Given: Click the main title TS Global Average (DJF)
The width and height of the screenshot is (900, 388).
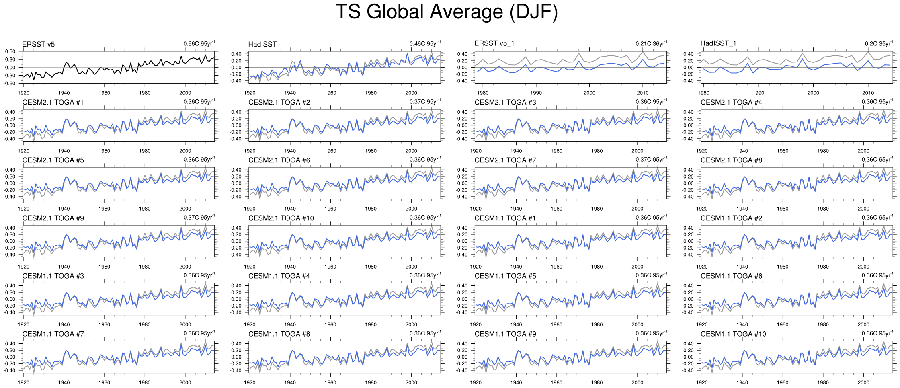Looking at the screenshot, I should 447,12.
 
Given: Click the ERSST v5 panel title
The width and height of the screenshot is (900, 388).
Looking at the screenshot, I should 38,45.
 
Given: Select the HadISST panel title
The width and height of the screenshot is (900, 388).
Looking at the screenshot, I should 262,45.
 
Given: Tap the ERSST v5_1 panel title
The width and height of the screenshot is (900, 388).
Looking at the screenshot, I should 494,43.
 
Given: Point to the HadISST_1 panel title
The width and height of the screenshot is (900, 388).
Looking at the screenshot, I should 718,43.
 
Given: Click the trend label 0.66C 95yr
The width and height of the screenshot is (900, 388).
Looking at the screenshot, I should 199,44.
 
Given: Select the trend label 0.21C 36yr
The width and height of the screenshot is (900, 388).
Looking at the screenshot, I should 651,43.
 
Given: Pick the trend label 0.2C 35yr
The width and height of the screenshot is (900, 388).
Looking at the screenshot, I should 878,43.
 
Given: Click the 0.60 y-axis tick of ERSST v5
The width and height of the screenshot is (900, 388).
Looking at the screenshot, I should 10,51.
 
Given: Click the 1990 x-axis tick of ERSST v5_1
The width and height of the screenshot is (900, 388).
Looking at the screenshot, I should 536,93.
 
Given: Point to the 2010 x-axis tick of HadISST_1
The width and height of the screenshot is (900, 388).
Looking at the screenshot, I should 868,93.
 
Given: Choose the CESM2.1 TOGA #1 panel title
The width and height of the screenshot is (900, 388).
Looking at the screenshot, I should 53,103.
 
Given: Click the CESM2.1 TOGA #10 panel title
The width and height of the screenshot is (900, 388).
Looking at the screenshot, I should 281,218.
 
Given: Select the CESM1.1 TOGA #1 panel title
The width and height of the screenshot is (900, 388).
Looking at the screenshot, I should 505,218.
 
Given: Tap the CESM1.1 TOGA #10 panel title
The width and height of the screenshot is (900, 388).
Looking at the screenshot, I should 733,334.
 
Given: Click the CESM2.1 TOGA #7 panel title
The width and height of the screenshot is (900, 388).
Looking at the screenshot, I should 505,160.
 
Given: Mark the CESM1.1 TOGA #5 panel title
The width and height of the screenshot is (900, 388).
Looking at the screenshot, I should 505,276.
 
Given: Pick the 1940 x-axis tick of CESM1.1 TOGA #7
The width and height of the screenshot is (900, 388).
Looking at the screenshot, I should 64,382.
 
